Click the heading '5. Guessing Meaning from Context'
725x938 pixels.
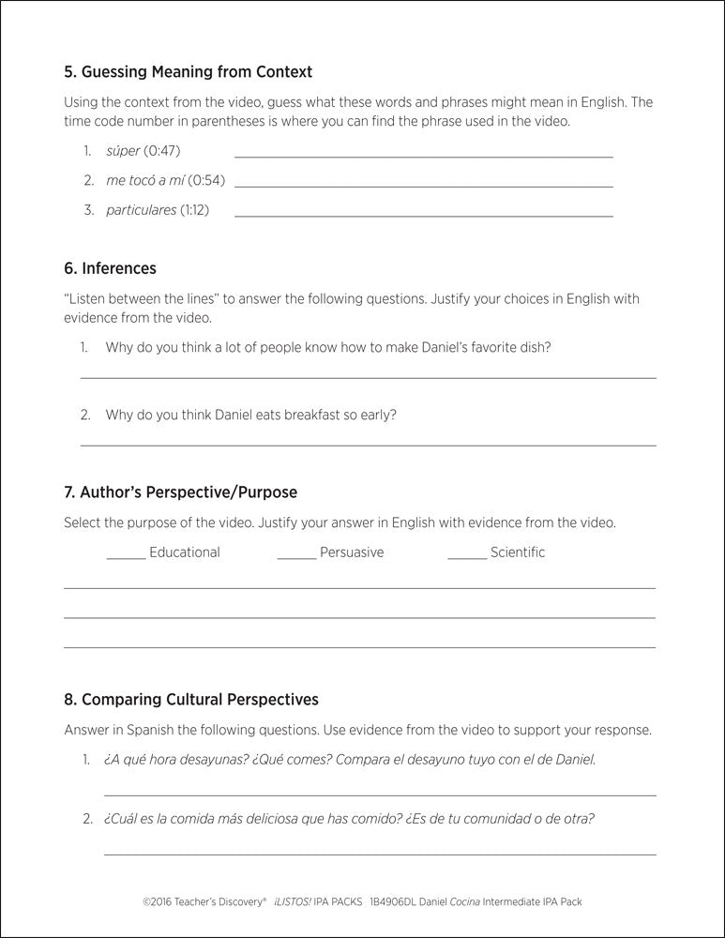(x=188, y=71)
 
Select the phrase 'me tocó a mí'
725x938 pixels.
(x=144, y=180)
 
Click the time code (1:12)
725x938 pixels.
(x=194, y=210)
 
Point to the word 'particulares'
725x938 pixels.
(x=141, y=210)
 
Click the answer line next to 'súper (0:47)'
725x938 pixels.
(x=423, y=156)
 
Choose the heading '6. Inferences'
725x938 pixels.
(x=110, y=268)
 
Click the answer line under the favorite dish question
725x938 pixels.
(x=368, y=377)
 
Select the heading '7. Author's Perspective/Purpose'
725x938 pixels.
(x=180, y=492)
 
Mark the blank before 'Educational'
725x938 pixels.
(x=126, y=557)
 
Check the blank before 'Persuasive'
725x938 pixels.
(x=296, y=557)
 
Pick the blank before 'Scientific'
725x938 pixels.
(x=467, y=557)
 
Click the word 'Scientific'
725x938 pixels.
(x=517, y=552)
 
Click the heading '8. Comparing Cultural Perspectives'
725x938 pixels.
(x=190, y=700)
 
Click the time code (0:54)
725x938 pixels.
(x=207, y=180)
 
